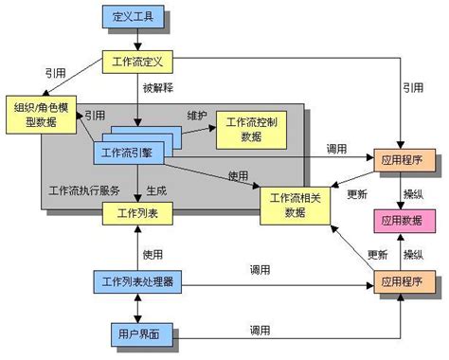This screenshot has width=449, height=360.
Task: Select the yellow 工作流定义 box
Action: pyautogui.click(x=138, y=63)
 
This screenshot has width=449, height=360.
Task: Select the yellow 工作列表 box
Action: pyautogui.click(x=138, y=213)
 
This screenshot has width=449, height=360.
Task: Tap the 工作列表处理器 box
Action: pyautogui.click(x=138, y=282)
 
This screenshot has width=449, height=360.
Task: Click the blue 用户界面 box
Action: pyautogui.click(x=138, y=334)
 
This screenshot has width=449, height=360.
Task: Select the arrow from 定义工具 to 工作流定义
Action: pyautogui.click(x=138, y=40)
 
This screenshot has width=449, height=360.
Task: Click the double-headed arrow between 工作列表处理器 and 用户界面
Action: pyautogui.click(x=138, y=308)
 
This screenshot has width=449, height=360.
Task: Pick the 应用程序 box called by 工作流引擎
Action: pyautogui.click(x=404, y=159)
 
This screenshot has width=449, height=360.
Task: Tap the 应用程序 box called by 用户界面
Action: pyautogui.click(x=404, y=282)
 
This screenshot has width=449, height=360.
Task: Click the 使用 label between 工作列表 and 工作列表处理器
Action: pyautogui.click(x=153, y=253)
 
